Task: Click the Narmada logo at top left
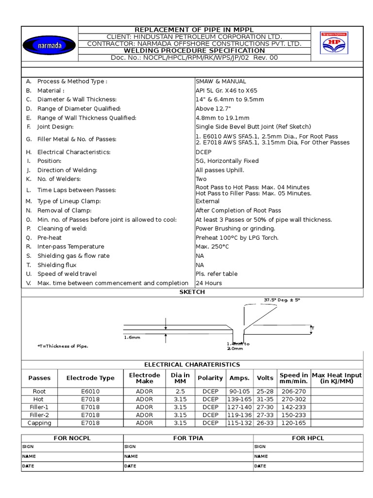coord(49,45)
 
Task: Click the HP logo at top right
coord(334,43)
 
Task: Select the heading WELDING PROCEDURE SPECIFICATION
coord(194,51)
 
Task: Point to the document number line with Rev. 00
coord(194,58)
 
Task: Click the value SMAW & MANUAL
coord(220,81)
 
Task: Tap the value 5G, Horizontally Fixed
coord(227,161)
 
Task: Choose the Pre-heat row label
coord(50,237)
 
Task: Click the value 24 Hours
coord(209,283)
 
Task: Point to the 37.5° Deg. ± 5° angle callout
coord(282,300)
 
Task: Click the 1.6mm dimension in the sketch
coord(132,336)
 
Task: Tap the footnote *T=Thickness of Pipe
coord(63,346)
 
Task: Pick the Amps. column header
coord(239,378)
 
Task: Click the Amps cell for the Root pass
coord(239,391)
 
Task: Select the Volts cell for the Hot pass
coord(265,399)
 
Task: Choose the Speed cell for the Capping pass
coord(293,423)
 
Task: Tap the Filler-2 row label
coord(39,415)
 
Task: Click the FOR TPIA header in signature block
coord(188,438)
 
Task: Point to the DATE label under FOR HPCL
coord(260,466)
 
